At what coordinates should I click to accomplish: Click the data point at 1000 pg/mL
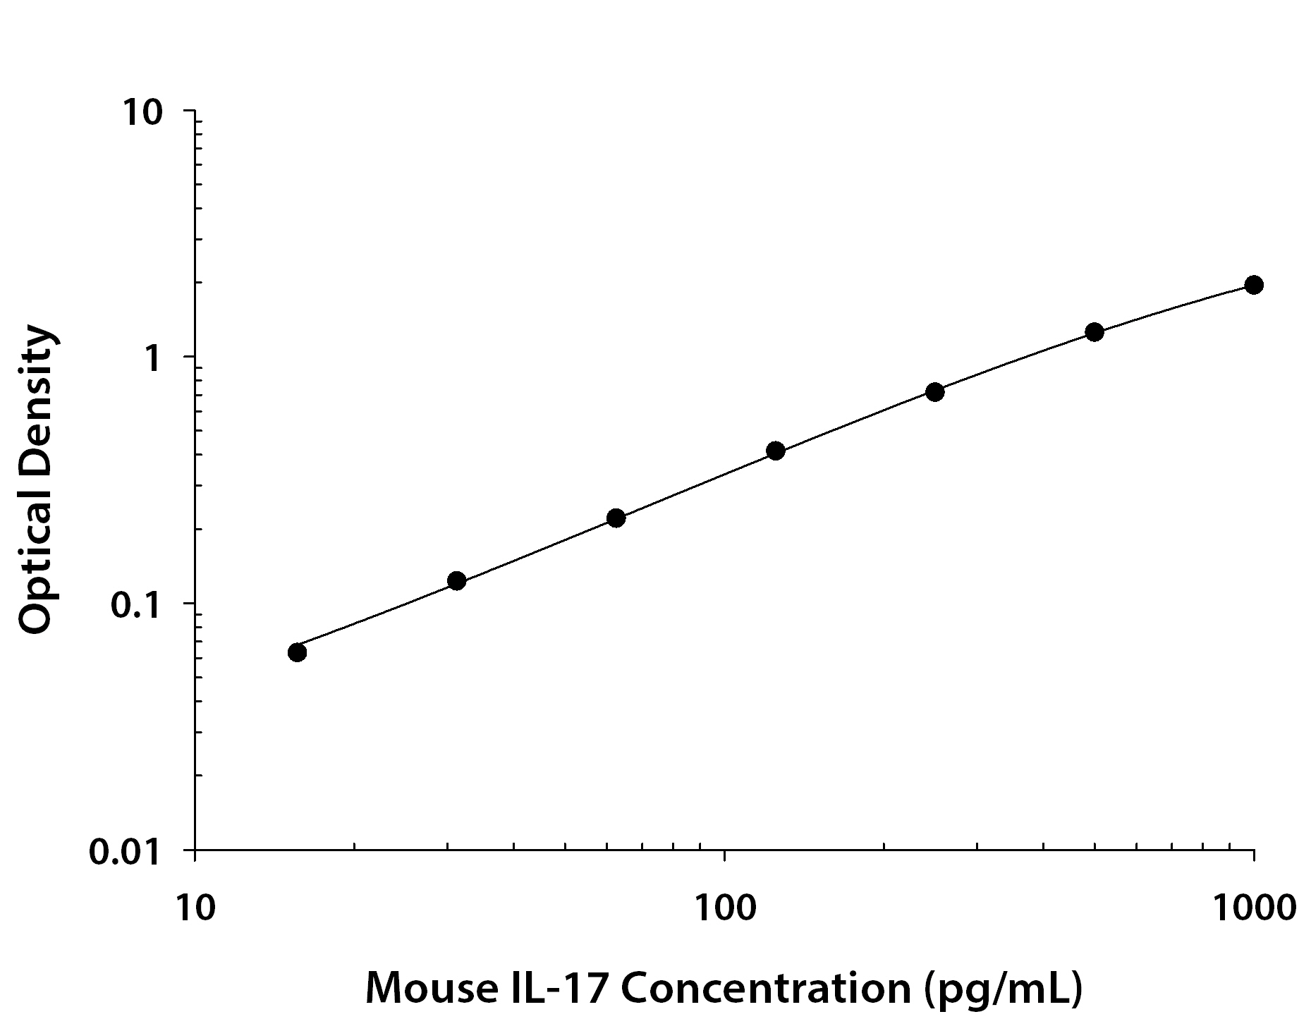1253,285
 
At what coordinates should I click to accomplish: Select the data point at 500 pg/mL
1094,332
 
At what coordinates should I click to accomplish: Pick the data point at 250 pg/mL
934,392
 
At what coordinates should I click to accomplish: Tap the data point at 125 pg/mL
775,451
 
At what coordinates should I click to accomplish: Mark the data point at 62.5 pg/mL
616,518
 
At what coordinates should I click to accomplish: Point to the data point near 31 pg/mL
456,581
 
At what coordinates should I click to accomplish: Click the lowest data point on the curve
297,652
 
